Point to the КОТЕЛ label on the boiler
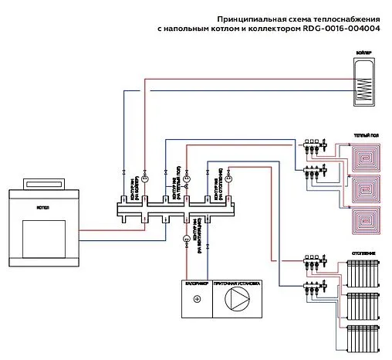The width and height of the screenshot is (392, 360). pyautogui.click(x=44, y=207)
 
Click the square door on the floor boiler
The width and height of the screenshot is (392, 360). pyautogui.click(x=44, y=237)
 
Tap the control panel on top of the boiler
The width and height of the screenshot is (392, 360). pyautogui.click(x=44, y=183)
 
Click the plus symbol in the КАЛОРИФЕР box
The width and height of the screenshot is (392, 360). pyautogui.click(x=197, y=299)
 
